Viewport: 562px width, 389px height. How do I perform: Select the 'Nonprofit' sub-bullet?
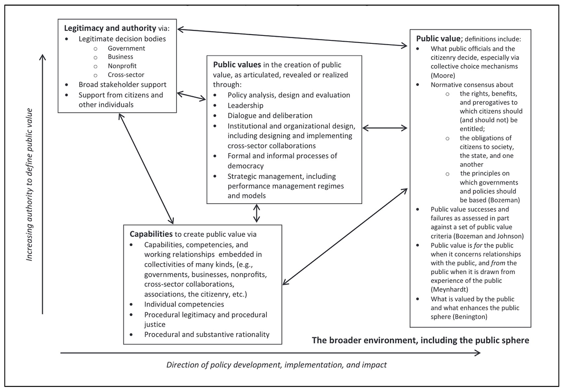122,66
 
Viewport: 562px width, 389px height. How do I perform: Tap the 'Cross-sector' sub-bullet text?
126,75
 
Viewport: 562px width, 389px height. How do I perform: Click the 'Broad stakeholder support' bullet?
122,85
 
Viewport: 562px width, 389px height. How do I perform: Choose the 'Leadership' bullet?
245,105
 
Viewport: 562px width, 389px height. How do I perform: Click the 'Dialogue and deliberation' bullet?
270,116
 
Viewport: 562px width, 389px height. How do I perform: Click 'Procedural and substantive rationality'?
207,334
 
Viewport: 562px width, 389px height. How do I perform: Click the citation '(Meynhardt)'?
449,289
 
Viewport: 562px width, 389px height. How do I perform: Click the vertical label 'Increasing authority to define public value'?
29,184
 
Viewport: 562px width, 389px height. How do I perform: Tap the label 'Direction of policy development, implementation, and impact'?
276,365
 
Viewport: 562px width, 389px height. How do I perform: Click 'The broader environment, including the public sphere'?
420,340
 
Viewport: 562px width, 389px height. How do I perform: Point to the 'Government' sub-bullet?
126,48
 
